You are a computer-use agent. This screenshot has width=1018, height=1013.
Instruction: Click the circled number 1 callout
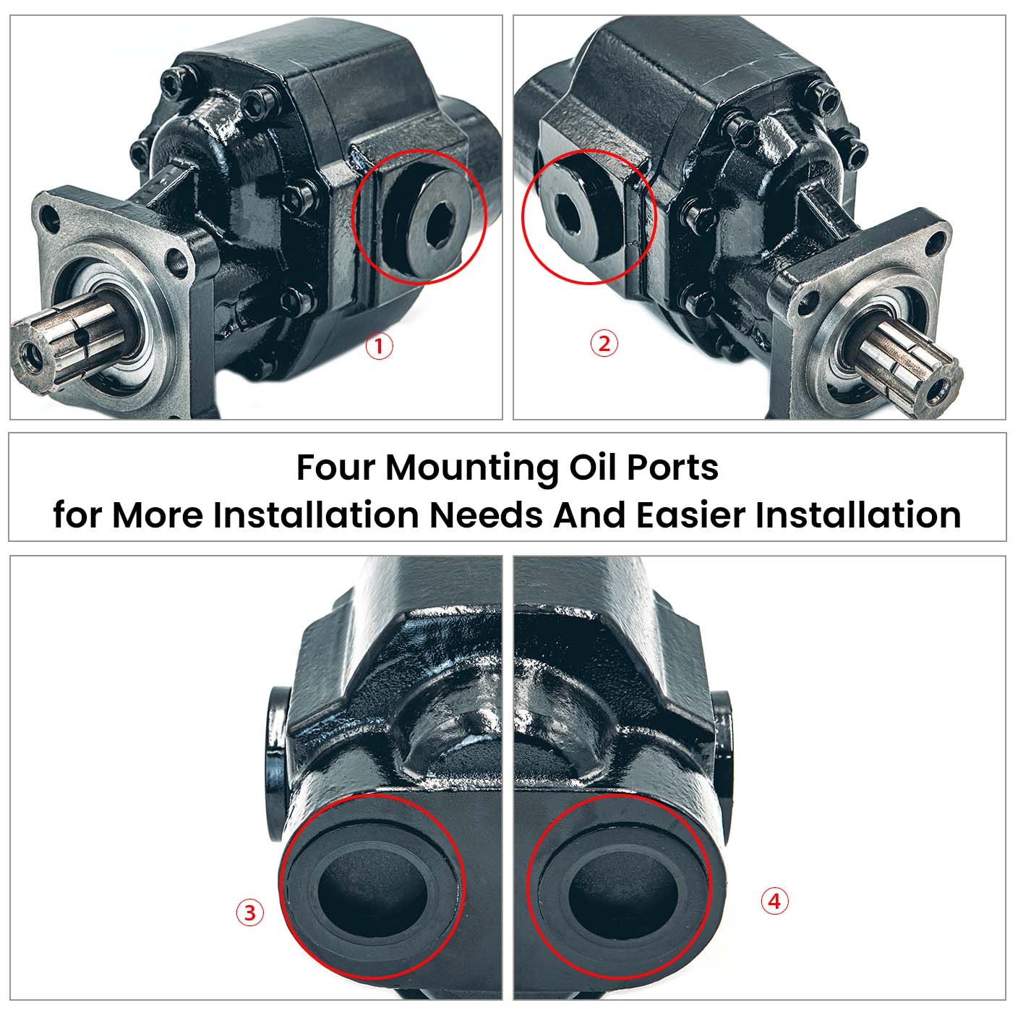point(378,347)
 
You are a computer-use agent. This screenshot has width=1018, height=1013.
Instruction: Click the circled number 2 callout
point(604,343)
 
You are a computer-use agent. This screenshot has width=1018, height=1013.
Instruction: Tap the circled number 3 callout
point(250,912)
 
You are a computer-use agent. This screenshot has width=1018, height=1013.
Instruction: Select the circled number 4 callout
point(774,902)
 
